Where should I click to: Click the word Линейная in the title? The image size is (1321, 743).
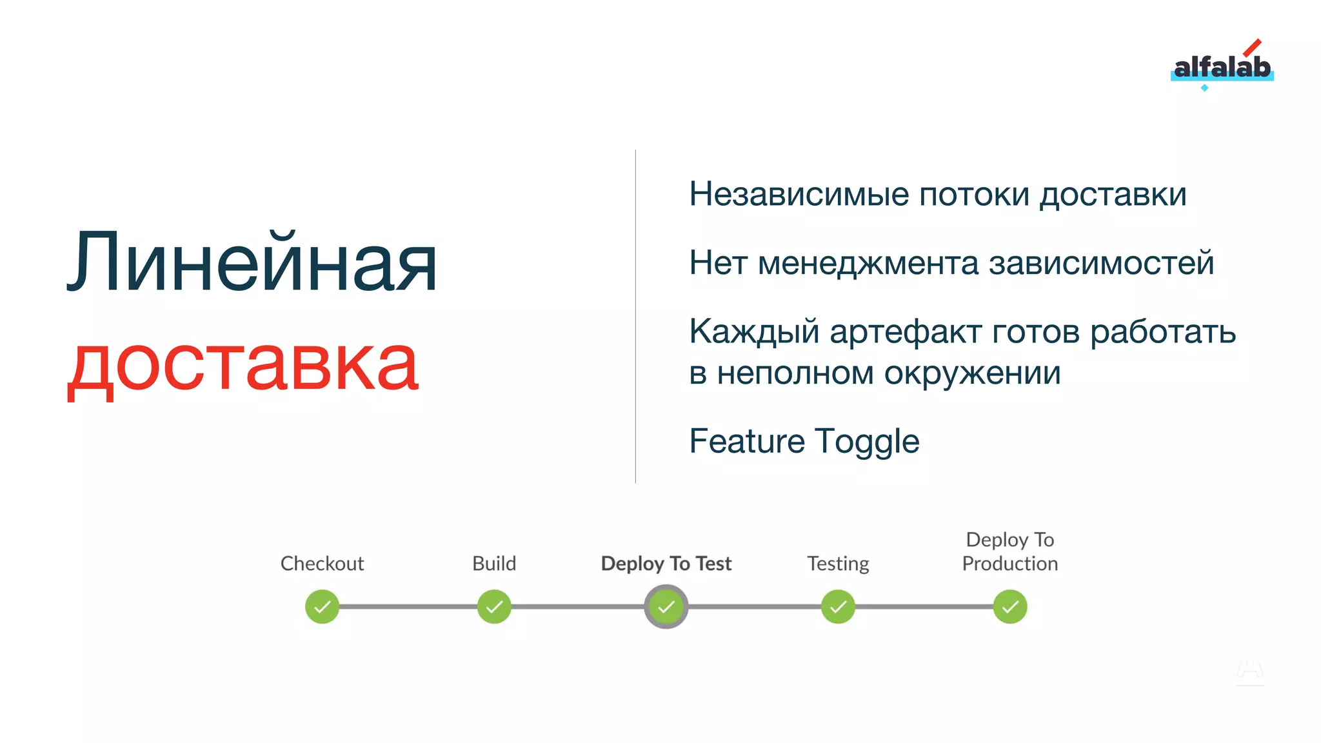tap(252, 264)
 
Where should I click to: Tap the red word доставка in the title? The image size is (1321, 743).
tap(244, 364)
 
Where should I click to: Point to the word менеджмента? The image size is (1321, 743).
tap(868, 264)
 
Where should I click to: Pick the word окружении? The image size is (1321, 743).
tap(972, 373)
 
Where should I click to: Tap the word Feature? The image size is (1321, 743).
tap(747, 442)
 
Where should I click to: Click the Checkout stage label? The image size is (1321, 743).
tap(322, 564)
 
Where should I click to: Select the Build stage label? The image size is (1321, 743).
tap(494, 564)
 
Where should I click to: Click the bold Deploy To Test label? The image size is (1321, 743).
tap(666, 564)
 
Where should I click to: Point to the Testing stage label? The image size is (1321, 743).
tap(838, 564)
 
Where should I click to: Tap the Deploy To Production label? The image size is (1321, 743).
tap(1010, 552)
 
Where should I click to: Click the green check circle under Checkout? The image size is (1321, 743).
tap(322, 607)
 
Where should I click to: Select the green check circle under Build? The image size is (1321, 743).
tap(494, 607)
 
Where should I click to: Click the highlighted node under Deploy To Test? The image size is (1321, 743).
tap(666, 607)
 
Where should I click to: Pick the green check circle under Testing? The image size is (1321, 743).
tap(838, 607)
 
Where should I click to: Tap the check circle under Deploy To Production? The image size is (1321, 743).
tap(1010, 607)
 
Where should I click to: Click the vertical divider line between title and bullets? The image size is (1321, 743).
tap(635, 316)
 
